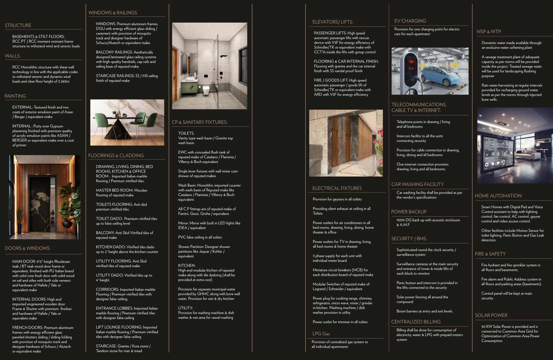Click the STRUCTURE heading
(18, 25)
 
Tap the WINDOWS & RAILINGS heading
(113, 13)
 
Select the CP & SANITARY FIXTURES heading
(199, 122)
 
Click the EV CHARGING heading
(410, 21)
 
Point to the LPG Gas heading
(321, 334)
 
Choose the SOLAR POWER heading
(491, 315)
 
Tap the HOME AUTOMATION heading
(498, 196)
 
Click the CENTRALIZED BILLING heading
(416, 322)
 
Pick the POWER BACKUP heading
(409, 212)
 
